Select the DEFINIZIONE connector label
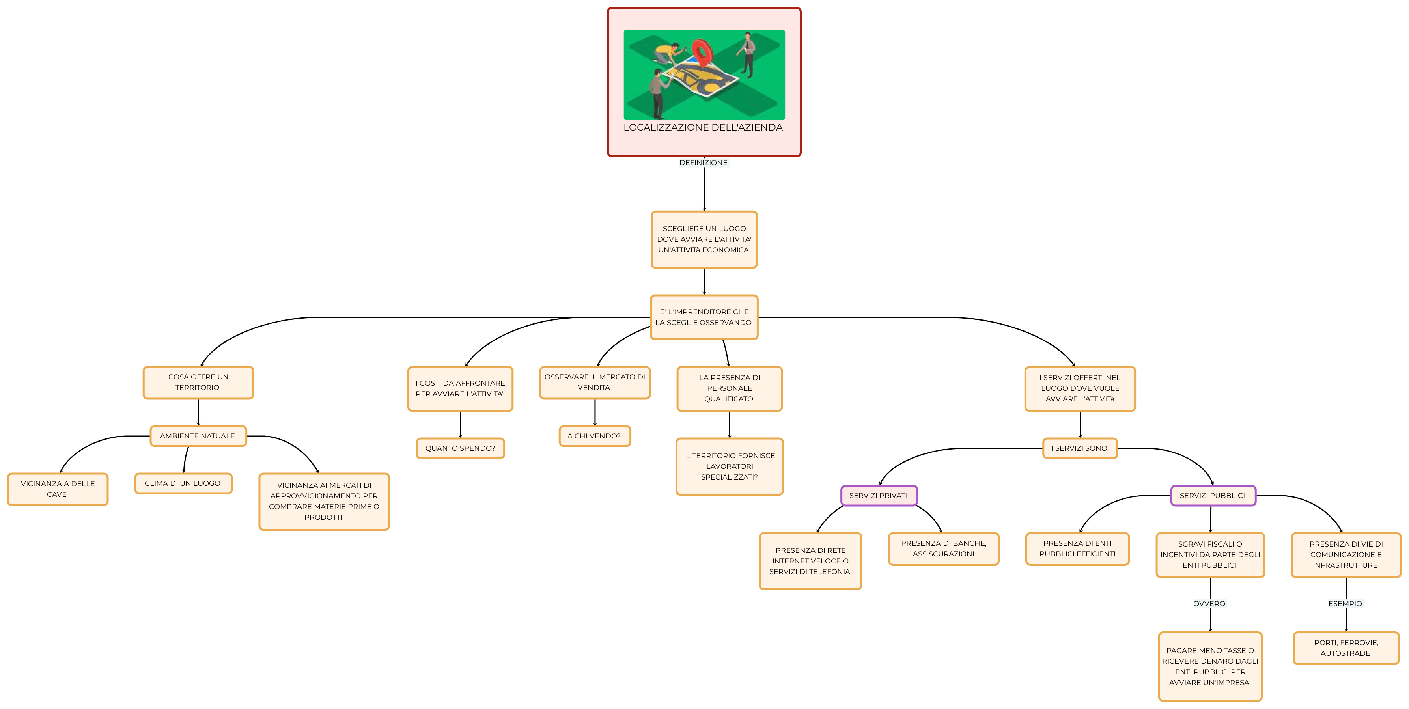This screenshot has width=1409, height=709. pyautogui.click(x=704, y=163)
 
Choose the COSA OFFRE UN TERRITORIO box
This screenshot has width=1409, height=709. pyautogui.click(x=198, y=382)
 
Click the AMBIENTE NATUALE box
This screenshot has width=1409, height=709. pyautogui.click(x=198, y=436)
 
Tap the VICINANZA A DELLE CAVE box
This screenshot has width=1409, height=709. pyautogui.click(x=58, y=489)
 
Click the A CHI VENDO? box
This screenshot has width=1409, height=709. pyautogui.click(x=595, y=436)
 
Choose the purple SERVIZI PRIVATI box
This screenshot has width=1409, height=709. pyautogui.click(x=879, y=496)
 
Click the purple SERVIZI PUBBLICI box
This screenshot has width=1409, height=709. pyautogui.click(x=1213, y=496)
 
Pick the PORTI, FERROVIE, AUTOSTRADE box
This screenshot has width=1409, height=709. pyautogui.click(x=1346, y=648)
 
